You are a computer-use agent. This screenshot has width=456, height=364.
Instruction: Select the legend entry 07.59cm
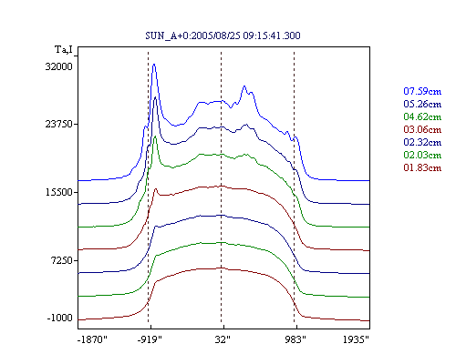[x=422, y=91]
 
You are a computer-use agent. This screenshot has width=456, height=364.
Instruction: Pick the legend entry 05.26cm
[x=422, y=104]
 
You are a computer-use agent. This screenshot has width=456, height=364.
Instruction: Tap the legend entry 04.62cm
[x=422, y=116]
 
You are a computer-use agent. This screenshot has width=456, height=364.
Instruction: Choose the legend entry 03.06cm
[x=422, y=129]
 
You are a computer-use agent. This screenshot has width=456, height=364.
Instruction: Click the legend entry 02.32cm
[x=422, y=142]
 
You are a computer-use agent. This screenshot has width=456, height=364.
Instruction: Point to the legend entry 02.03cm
[x=422, y=155]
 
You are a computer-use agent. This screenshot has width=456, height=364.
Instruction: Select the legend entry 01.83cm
[x=422, y=167]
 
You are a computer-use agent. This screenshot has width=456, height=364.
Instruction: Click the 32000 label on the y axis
[x=59, y=66]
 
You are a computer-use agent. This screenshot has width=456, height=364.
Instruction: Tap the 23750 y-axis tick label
[x=59, y=124]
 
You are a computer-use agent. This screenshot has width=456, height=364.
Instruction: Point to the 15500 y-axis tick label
[x=59, y=192]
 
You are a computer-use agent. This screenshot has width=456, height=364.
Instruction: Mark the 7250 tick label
[x=62, y=260]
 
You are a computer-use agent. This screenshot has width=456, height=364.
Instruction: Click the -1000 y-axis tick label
[x=60, y=318]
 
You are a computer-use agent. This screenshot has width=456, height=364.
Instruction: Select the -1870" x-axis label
[x=92, y=339]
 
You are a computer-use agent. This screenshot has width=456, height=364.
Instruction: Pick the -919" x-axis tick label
[x=150, y=339]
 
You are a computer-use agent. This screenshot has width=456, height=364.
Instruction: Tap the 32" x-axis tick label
[x=223, y=339]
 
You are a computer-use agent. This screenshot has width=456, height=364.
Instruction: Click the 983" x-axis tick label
[x=295, y=339]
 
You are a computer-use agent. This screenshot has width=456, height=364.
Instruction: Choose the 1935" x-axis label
[x=356, y=339]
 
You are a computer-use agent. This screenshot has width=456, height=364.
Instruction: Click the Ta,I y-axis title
[x=64, y=49]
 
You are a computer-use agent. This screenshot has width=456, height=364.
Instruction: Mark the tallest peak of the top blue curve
[x=154, y=65]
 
